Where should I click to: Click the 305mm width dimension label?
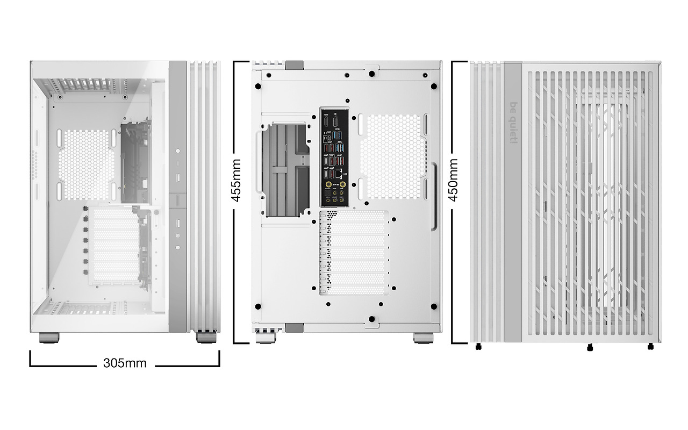pyautogui.click(x=125, y=363)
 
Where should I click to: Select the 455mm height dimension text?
pyautogui.click(x=236, y=180)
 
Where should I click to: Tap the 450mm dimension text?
pyautogui.click(x=454, y=180)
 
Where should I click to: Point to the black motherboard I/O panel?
pyautogui.click(x=335, y=157)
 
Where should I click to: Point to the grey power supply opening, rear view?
pyautogui.click(x=286, y=168)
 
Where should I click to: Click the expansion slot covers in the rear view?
pyautogui.click(x=355, y=253)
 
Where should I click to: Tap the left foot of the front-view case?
pyautogui.click(x=49, y=338)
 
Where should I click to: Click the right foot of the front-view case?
pyautogui.click(x=206, y=338)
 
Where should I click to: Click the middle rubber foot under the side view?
pyautogui.click(x=590, y=348)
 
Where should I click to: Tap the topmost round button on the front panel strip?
pyautogui.click(x=178, y=152)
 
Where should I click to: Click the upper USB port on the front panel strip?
pyautogui.click(x=178, y=177)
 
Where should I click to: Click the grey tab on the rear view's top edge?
pyautogui.click(x=294, y=65)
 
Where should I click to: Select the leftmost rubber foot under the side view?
pyautogui.click(x=478, y=347)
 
